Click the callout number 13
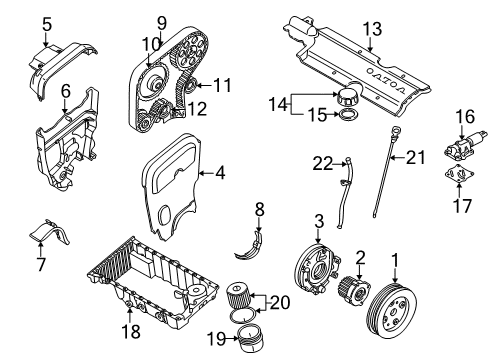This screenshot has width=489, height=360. point(371,29)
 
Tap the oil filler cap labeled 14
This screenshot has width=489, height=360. point(350,99)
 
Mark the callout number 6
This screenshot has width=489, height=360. point(66,91)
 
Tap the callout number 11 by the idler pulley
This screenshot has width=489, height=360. point(221,85)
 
